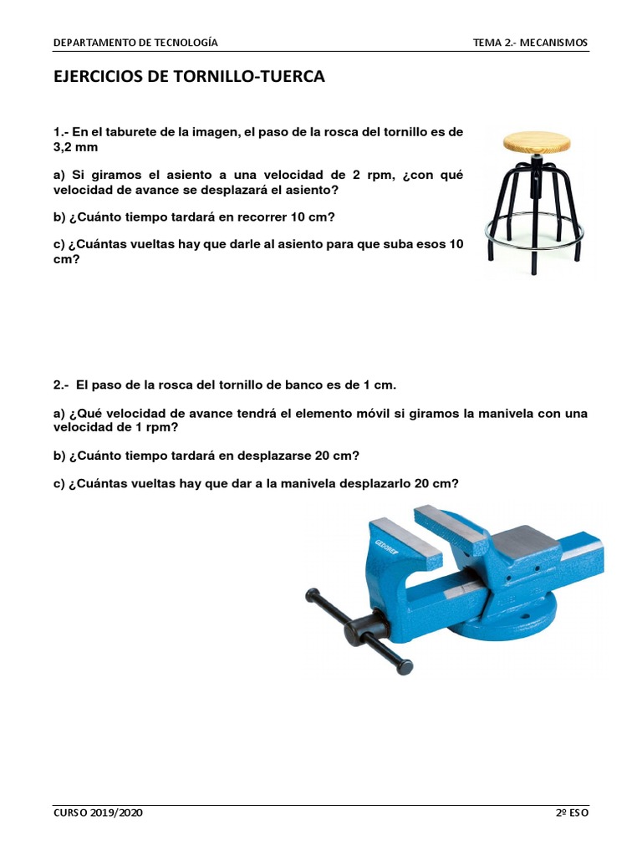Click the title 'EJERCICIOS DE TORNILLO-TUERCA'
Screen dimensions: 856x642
[188, 77]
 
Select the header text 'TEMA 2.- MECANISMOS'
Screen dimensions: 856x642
[530, 43]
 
